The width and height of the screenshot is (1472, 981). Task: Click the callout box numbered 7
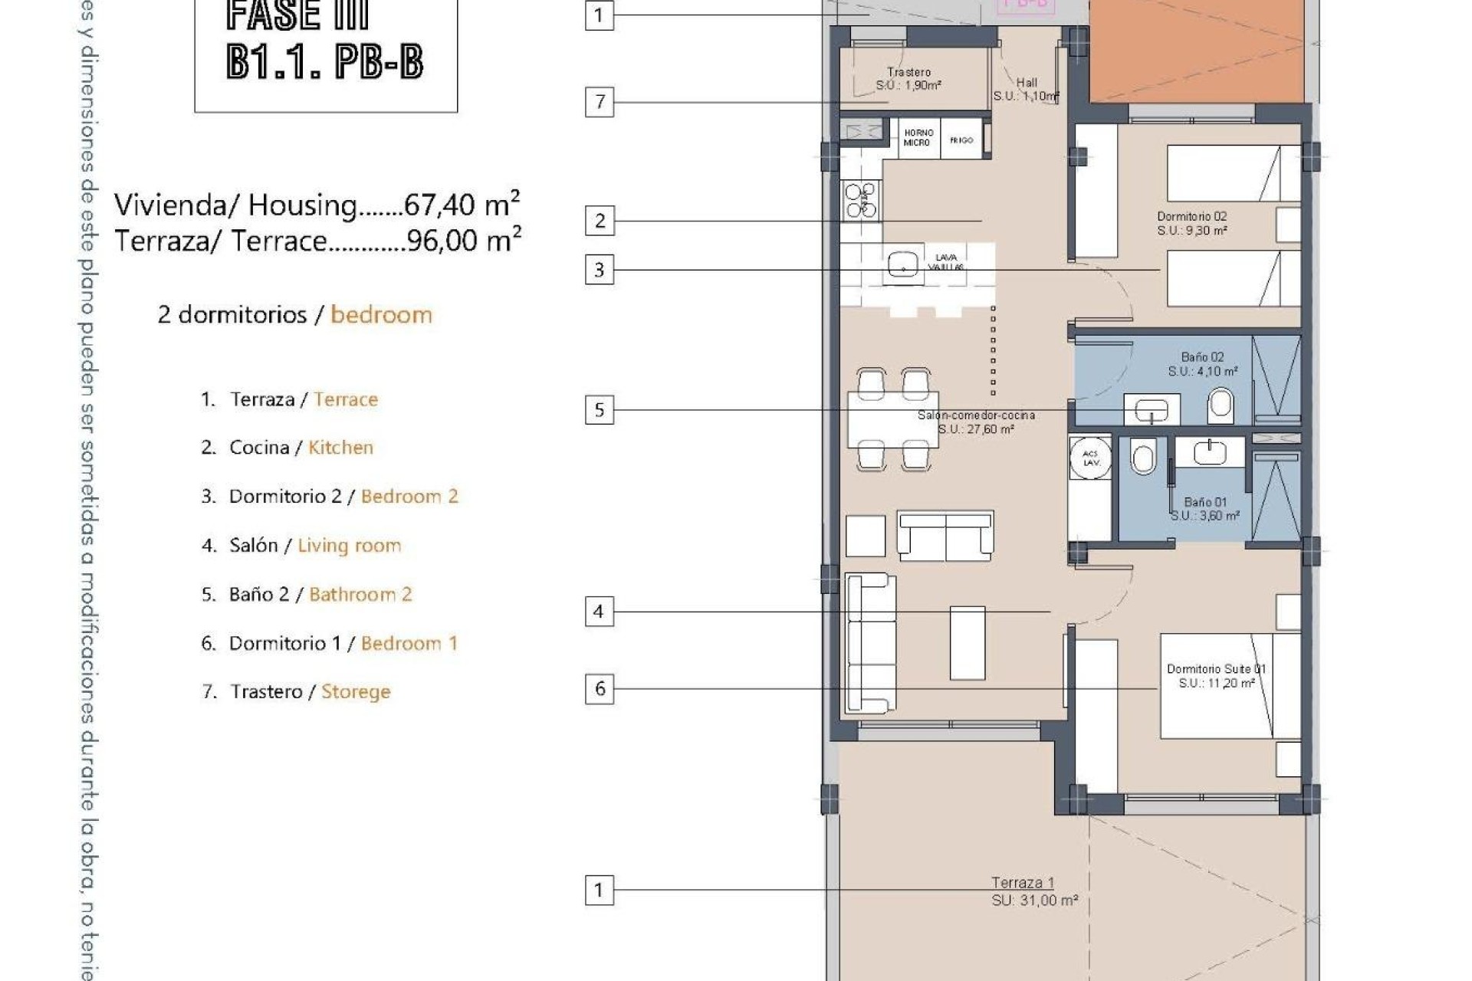[x=600, y=102]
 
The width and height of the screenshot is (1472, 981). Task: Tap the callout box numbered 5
[x=600, y=410]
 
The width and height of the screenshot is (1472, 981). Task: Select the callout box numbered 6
[x=600, y=688]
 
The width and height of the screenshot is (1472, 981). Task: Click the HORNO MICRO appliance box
[x=918, y=138]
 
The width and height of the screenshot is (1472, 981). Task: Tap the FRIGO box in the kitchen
[x=961, y=139]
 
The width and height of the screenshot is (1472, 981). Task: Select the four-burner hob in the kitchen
[x=861, y=200]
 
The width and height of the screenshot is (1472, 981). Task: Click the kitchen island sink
[x=903, y=267]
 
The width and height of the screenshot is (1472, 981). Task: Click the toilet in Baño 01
[x=1142, y=458]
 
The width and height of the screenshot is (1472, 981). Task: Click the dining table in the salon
[x=893, y=420]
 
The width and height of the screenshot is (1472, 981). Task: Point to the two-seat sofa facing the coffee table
[x=945, y=535]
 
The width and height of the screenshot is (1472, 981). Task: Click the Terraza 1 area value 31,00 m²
[x=1035, y=901]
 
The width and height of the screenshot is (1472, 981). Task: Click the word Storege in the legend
[x=356, y=691]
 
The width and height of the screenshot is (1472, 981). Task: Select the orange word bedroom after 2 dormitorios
[x=381, y=315]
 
